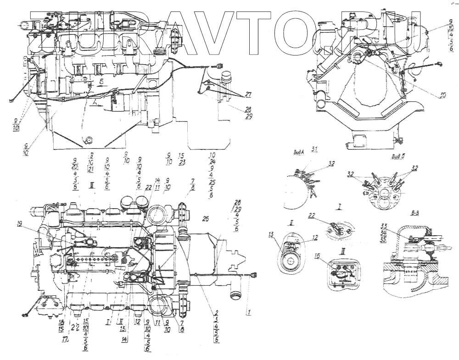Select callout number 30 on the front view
442,96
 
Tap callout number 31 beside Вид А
314,150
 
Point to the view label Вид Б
398,157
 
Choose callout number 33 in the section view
384,226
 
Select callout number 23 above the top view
182,162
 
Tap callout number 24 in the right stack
212,162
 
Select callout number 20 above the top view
75,167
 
